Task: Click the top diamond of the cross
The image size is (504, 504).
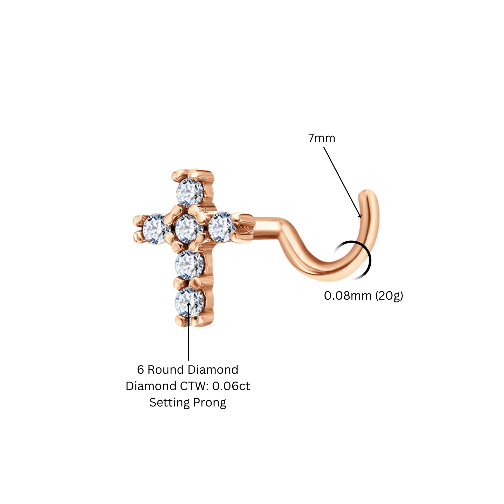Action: [190, 192]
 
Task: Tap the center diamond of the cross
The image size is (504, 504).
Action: [189, 228]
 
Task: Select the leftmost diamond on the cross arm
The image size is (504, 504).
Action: [155, 229]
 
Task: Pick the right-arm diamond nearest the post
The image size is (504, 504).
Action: [222, 227]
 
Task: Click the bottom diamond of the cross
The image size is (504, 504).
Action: [190, 302]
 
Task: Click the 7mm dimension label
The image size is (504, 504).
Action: [322, 138]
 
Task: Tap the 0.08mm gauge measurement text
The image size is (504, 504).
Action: [348, 296]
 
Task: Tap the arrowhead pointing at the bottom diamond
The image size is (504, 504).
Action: [189, 304]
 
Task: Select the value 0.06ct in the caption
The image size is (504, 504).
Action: [231, 386]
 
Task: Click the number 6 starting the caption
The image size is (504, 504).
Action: [141, 370]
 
